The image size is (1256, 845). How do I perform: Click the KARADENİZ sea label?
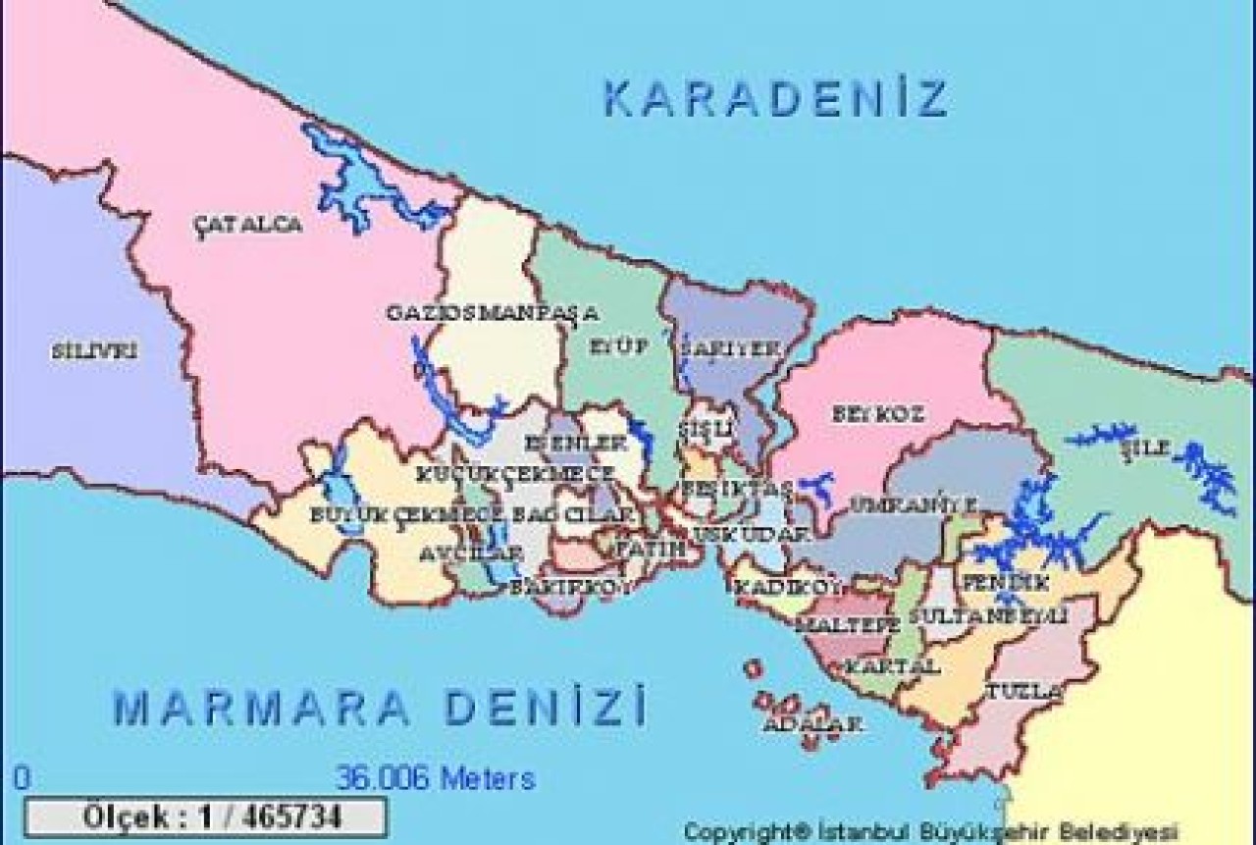(775, 99)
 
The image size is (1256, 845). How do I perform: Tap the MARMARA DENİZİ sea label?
(380, 707)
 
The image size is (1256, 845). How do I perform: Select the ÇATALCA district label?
(247, 225)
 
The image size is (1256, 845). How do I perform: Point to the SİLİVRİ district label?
(94, 350)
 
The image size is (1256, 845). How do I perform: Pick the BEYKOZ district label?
(877, 414)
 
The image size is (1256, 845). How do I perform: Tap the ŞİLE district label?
(1145, 448)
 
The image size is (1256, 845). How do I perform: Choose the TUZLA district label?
(1023, 691)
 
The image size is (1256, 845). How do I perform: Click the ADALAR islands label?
(812, 725)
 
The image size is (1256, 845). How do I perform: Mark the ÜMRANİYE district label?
(913, 504)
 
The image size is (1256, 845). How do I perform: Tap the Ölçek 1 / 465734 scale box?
(205, 817)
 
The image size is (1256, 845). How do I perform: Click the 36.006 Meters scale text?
(436, 778)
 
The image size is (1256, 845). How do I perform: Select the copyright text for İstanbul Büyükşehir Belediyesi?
(930, 831)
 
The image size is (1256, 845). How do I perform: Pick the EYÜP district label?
(619, 345)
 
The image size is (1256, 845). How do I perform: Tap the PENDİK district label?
(991, 581)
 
